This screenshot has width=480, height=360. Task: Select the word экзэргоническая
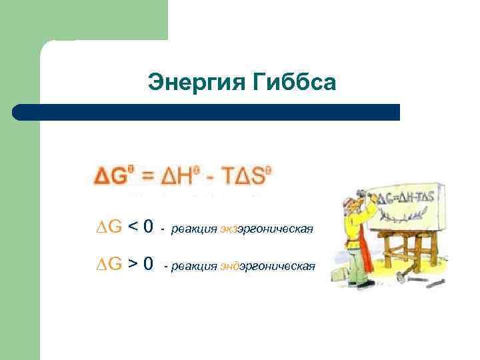267,230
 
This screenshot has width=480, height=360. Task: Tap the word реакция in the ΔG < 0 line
194,230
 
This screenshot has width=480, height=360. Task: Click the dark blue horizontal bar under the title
206,112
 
